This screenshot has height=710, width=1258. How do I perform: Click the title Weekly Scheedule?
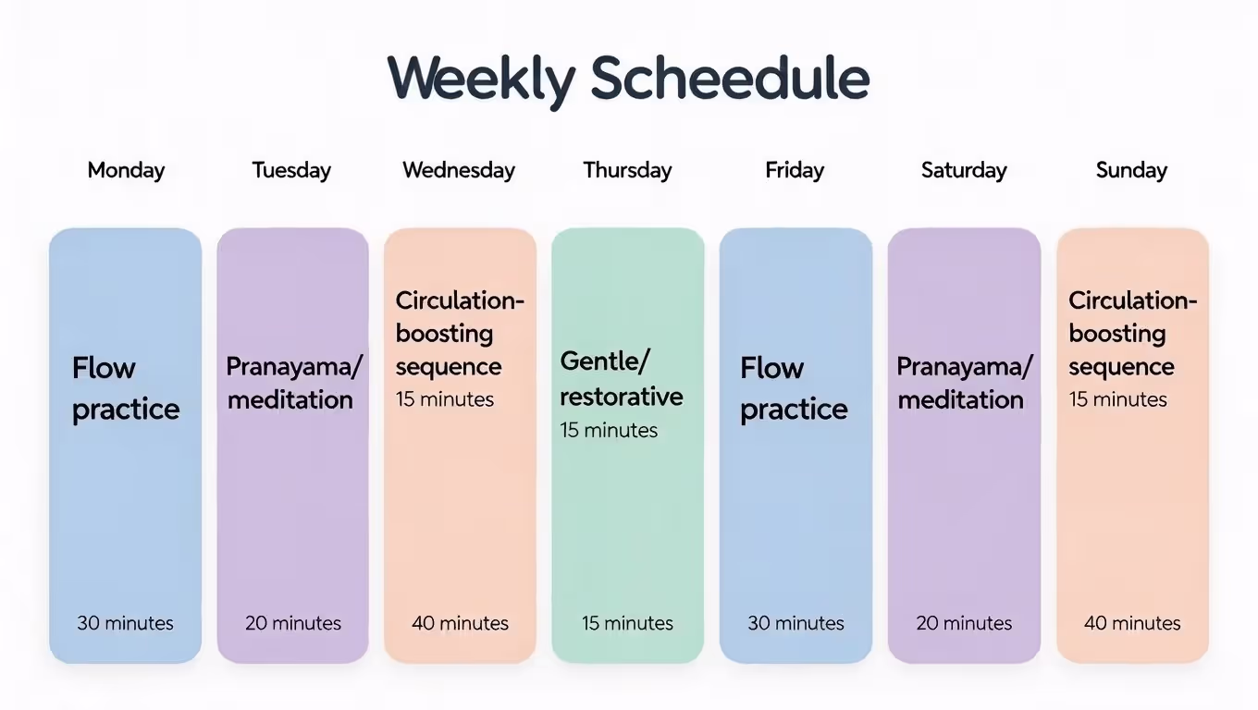point(628,80)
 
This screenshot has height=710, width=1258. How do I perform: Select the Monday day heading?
point(126,170)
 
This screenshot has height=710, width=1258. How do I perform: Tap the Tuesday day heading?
point(291,170)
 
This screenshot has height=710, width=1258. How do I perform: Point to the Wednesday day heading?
point(459,170)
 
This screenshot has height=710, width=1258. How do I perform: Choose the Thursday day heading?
point(627,170)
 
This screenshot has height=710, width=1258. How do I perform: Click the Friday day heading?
point(795,170)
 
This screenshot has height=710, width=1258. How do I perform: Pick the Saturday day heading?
point(964,170)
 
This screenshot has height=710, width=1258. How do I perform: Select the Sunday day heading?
point(1131,170)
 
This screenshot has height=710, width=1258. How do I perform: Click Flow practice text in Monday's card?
point(126,388)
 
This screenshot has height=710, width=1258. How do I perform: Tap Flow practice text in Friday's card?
point(794,388)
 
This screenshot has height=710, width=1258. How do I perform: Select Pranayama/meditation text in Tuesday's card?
point(293,383)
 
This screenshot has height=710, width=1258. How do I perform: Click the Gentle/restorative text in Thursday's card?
point(622,379)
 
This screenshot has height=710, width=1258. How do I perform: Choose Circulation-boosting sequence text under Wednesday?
point(460,334)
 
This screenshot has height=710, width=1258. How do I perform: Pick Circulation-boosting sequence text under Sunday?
point(1132,334)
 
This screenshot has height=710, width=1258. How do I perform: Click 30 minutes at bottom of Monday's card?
point(125,623)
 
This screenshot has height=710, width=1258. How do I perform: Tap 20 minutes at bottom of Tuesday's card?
point(293,623)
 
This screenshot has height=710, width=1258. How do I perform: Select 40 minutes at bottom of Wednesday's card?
point(460,623)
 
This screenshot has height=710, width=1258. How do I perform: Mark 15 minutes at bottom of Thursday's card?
point(627,623)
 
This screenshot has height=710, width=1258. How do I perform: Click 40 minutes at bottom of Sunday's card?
point(1132,623)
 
